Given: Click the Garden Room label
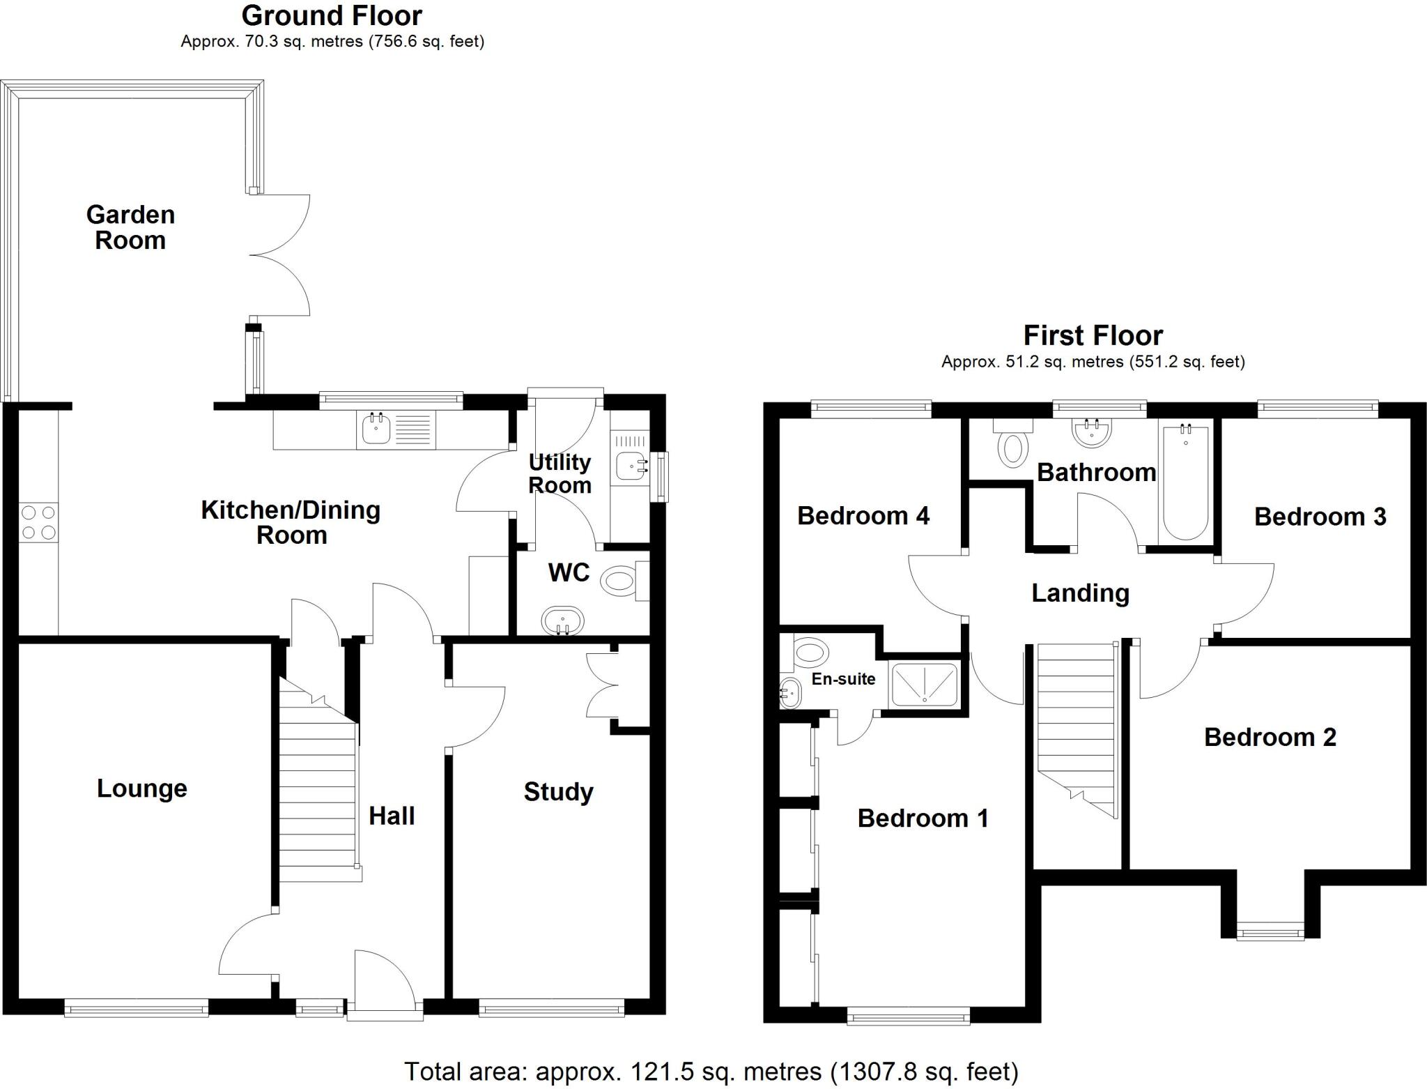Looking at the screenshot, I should pyautogui.click(x=130, y=227).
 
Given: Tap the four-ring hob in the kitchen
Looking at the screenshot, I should pyautogui.click(x=38, y=522).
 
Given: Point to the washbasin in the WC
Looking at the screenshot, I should pyautogui.click(x=562, y=620).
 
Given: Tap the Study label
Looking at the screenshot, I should pyautogui.click(x=558, y=792).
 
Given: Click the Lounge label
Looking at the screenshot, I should pyautogui.click(x=141, y=789).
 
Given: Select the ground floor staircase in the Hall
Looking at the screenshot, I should pyautogui.click(x=318, y=788).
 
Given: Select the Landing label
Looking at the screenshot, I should pyautogui.click(x=1080, y=593).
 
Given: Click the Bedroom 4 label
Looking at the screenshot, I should pyautogui.click(x=863, y=516).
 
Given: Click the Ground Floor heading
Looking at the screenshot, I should pyautogui.click(x=332, y=15).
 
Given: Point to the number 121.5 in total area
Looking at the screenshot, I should pyautogui.click(x=662, y=1070).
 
